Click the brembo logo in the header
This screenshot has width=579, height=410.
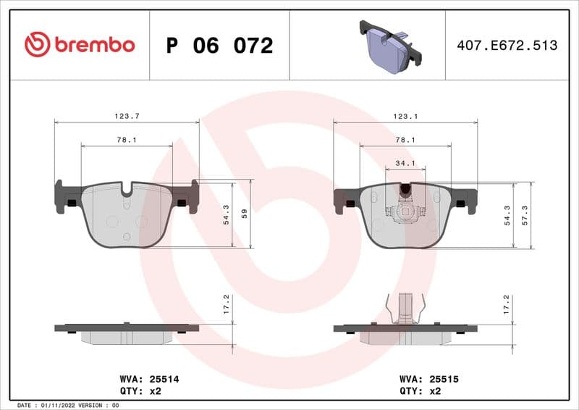(80, 45)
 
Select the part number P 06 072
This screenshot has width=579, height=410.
(219, 46)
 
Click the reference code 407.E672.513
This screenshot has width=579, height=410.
(507, 46)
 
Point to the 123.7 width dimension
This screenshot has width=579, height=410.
(127, 116)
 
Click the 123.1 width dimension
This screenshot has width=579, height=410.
(405, 116)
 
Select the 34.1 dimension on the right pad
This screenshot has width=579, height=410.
(405, 163)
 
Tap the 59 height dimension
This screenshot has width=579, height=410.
(245, 214)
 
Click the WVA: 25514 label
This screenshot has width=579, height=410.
(139, 379)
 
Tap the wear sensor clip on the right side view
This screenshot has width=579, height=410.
(405, 308)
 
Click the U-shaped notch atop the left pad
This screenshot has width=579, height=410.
(127, 191)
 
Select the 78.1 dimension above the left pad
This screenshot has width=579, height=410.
(127, 140)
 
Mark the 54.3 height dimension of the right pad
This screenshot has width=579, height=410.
(506, 215)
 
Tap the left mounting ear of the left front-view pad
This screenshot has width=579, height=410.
(67, 197)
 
